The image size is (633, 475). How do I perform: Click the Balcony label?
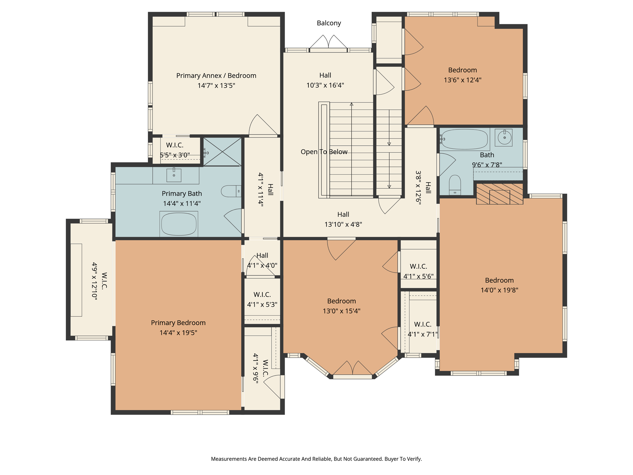pos(329,23)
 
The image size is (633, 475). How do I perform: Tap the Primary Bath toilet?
pos(230,191)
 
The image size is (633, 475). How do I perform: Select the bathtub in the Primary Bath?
pos(179,224)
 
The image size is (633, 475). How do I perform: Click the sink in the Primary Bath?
pos(174,175)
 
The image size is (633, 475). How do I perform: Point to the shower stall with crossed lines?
pos(222,152)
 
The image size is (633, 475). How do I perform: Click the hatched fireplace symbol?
pos(499,194)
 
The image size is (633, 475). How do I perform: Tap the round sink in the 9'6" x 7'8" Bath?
pos(504,137)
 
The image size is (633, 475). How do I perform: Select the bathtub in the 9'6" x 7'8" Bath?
pos(464,139)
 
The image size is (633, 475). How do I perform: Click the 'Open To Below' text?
pos(324,152)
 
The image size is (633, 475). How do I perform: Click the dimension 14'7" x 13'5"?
pos(216,85)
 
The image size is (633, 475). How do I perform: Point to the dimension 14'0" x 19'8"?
pos(499,290)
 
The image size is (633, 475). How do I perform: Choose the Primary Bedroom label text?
pos(178,323)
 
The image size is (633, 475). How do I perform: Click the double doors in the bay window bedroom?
pos(352,369)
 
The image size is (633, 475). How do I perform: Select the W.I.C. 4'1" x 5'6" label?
pos(418,271)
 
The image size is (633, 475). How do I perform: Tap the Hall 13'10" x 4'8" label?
pos(343,219)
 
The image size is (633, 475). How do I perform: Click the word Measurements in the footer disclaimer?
pos(229,459)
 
